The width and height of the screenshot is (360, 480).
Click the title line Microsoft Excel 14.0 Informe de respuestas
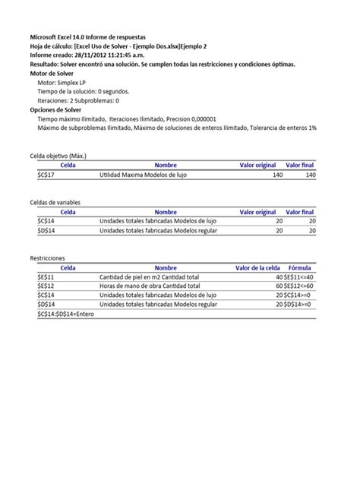pyautogui.click(x=88, y=36)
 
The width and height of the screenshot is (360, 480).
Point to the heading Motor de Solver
pyautogui.click(x=55, y=74)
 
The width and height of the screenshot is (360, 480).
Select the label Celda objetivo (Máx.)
pyautogui.click(x=58, y=156)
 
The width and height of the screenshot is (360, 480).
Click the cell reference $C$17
pyautogui.click(x=46, y=174)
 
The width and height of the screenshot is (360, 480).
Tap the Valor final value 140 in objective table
pyautogui.click(x=309, y=174)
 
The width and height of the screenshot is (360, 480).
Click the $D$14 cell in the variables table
pyautogui.click(x=46, y=230)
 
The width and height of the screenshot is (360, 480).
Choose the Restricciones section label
pyautogui.click(x=47, y=259)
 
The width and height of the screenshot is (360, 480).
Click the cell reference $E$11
pyautogui.click(x=46, y=277)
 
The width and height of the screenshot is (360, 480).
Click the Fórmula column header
pyautogui.click(x=299, y=268)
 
